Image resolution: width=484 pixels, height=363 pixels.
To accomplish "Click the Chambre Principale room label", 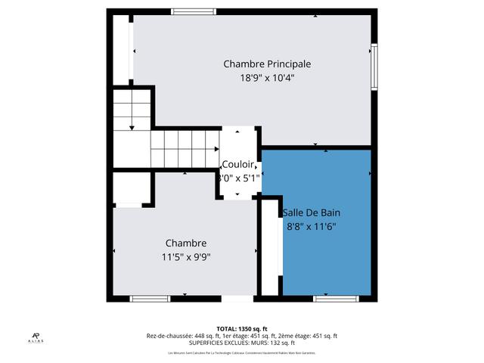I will click(x=267, y=64).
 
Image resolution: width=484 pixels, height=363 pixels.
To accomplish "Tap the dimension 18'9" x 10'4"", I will click(x=267, y=77).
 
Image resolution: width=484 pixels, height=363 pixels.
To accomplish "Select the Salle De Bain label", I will click(x=311, y=213).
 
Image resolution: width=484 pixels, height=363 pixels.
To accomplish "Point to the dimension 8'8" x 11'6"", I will click(x=311, y=226).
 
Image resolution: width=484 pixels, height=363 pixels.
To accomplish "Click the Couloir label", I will click(x=239, y=166).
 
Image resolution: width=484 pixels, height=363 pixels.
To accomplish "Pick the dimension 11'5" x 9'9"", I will click(x=186, y=256).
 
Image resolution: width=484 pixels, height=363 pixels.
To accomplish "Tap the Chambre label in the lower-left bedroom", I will click(x=186, y=243).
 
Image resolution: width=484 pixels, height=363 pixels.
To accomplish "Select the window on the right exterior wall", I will click(x=374, y=67).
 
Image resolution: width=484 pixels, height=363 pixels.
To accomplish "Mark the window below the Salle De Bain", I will click(x=335, y=299).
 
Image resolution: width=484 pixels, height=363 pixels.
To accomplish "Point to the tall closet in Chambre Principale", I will click(x=122, y=48).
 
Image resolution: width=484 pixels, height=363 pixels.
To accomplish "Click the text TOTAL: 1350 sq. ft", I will click(x=242, y=329).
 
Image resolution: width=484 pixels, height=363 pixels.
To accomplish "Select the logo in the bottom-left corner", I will click(x=36, y=338).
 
